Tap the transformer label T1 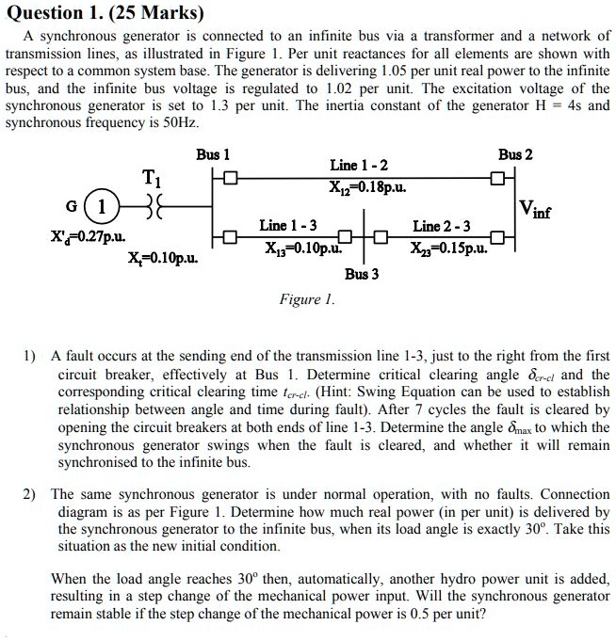tap(151, 178)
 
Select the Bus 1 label tap(213, 153)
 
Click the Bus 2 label tap(515, 153)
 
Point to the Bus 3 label tap(362, 274)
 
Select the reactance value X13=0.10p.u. tap(301, 247)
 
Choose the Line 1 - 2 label tap(359, 166)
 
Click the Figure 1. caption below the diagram tap(307, 299)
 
